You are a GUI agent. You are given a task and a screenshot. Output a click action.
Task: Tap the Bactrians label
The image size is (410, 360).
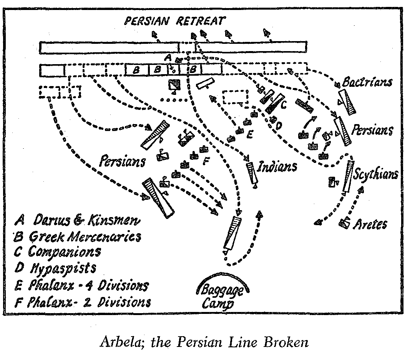[368, 82]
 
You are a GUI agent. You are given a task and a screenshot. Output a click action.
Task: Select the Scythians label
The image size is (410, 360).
[375, 175]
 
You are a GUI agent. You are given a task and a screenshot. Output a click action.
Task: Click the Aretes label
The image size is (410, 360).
[370, 224]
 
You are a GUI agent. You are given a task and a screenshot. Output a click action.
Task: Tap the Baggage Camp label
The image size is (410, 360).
[222, 295]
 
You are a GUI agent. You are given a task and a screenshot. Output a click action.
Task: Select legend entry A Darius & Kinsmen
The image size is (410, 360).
[77, 221]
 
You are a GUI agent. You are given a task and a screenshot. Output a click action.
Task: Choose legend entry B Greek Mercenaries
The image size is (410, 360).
[77, 236]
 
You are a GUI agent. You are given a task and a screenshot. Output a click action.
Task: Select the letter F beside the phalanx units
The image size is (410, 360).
[205, 160]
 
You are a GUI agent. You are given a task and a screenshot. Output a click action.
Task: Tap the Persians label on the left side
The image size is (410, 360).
[122, 161]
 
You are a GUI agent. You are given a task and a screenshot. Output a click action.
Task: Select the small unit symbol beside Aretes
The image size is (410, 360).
[345, 222]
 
